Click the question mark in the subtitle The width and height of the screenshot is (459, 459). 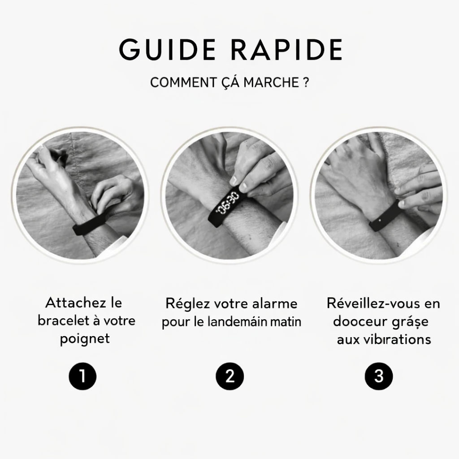(x=305, y=83)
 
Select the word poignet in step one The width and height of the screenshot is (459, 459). (x=85, y=338)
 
